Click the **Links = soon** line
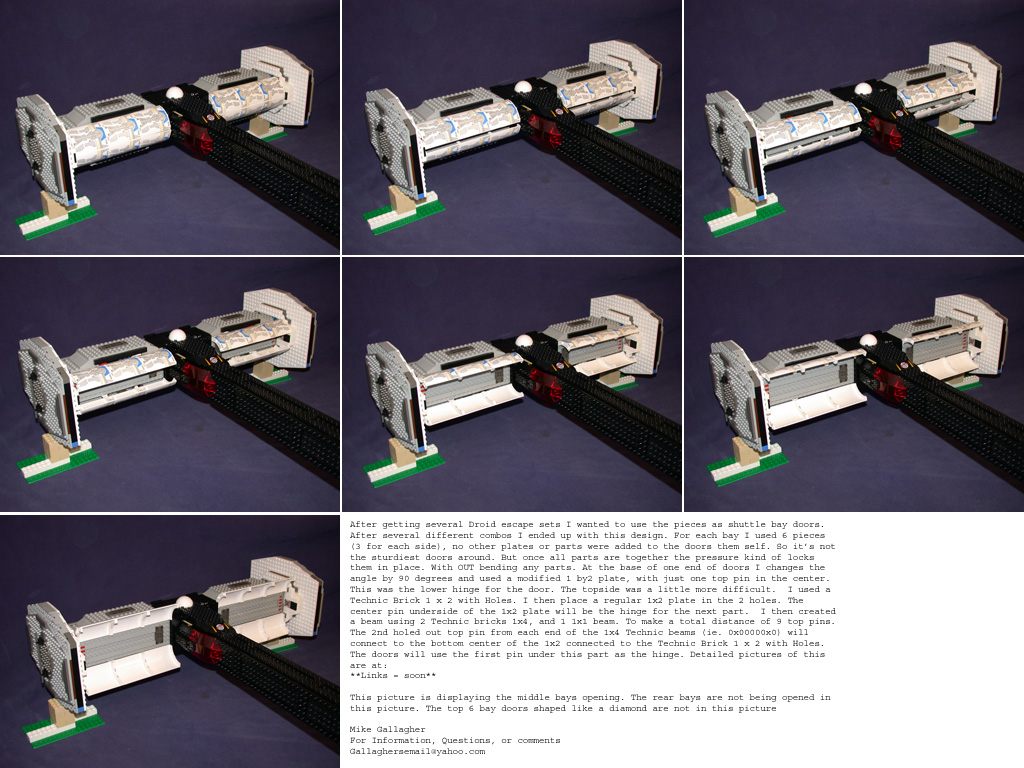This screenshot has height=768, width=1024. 392,675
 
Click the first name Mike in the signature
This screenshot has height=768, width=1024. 360,729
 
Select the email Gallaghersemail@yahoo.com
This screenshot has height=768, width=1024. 417,751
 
